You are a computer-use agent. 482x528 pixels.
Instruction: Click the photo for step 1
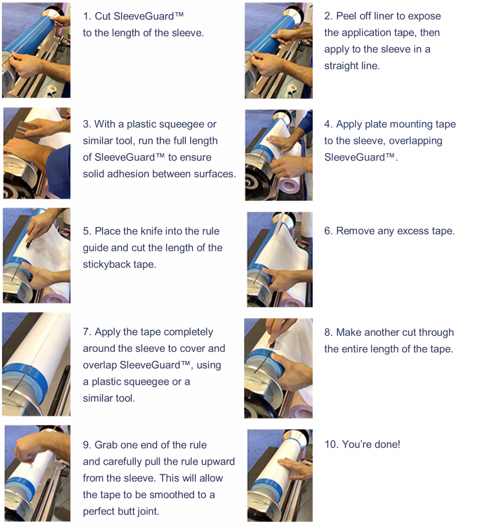[37, 50]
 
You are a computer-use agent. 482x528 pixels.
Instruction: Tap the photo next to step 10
[280, 475]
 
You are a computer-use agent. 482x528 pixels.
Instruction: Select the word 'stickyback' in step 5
[107, 265]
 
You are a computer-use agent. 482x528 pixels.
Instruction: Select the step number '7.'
[87, 333]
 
